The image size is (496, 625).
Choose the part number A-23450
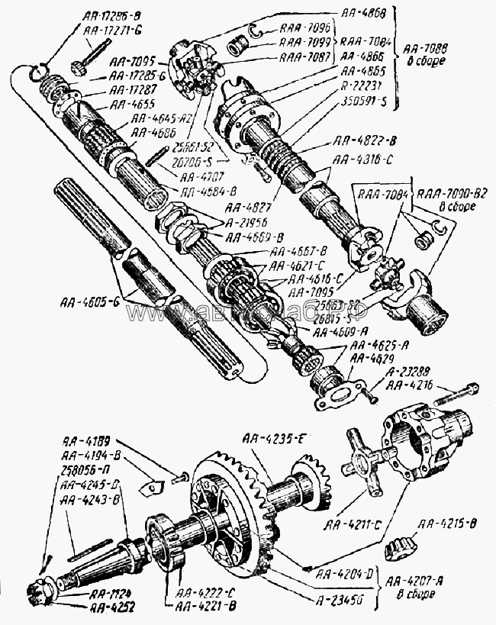(346, 601)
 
